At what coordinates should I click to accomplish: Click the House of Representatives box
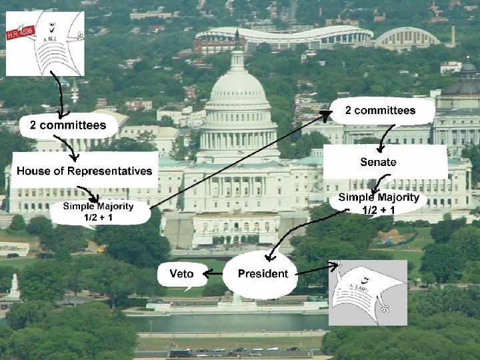(85, 171)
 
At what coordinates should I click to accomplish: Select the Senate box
(378, 162)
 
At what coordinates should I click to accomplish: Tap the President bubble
(263, 273)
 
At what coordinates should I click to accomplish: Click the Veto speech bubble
(182, 274)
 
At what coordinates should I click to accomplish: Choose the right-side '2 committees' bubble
(380, 111)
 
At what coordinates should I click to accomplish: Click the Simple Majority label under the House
(98, 211)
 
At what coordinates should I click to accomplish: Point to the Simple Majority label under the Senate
(378, 203)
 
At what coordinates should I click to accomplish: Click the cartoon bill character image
(45, 43)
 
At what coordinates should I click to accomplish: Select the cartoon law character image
(369, 292)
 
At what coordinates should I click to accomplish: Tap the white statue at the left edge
(13, 286)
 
